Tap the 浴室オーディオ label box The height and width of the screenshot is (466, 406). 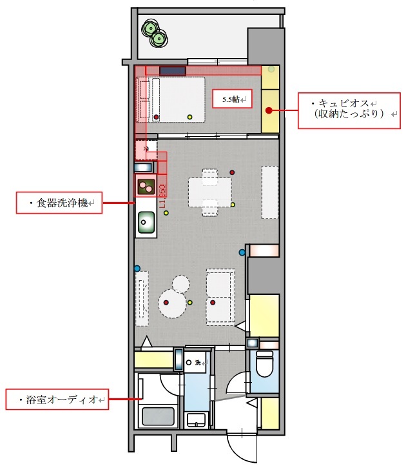click(x=57, y=400)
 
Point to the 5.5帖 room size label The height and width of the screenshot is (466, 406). click(x=232, y=100)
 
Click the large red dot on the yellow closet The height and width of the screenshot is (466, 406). click(x=267, y=111)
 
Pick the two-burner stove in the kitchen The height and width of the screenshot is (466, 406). click(x=145, y=187)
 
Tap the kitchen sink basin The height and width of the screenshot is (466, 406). click(x=146, y=223)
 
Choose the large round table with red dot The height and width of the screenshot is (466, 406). click(x=174, y=302)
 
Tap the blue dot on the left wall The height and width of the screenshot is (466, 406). click(x=137, y=268)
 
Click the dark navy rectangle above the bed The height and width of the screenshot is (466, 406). click(x=173, y=70)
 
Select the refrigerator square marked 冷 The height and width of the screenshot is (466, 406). click(x=146, y=150)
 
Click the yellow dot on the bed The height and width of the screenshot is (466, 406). click(x=189, y=116)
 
